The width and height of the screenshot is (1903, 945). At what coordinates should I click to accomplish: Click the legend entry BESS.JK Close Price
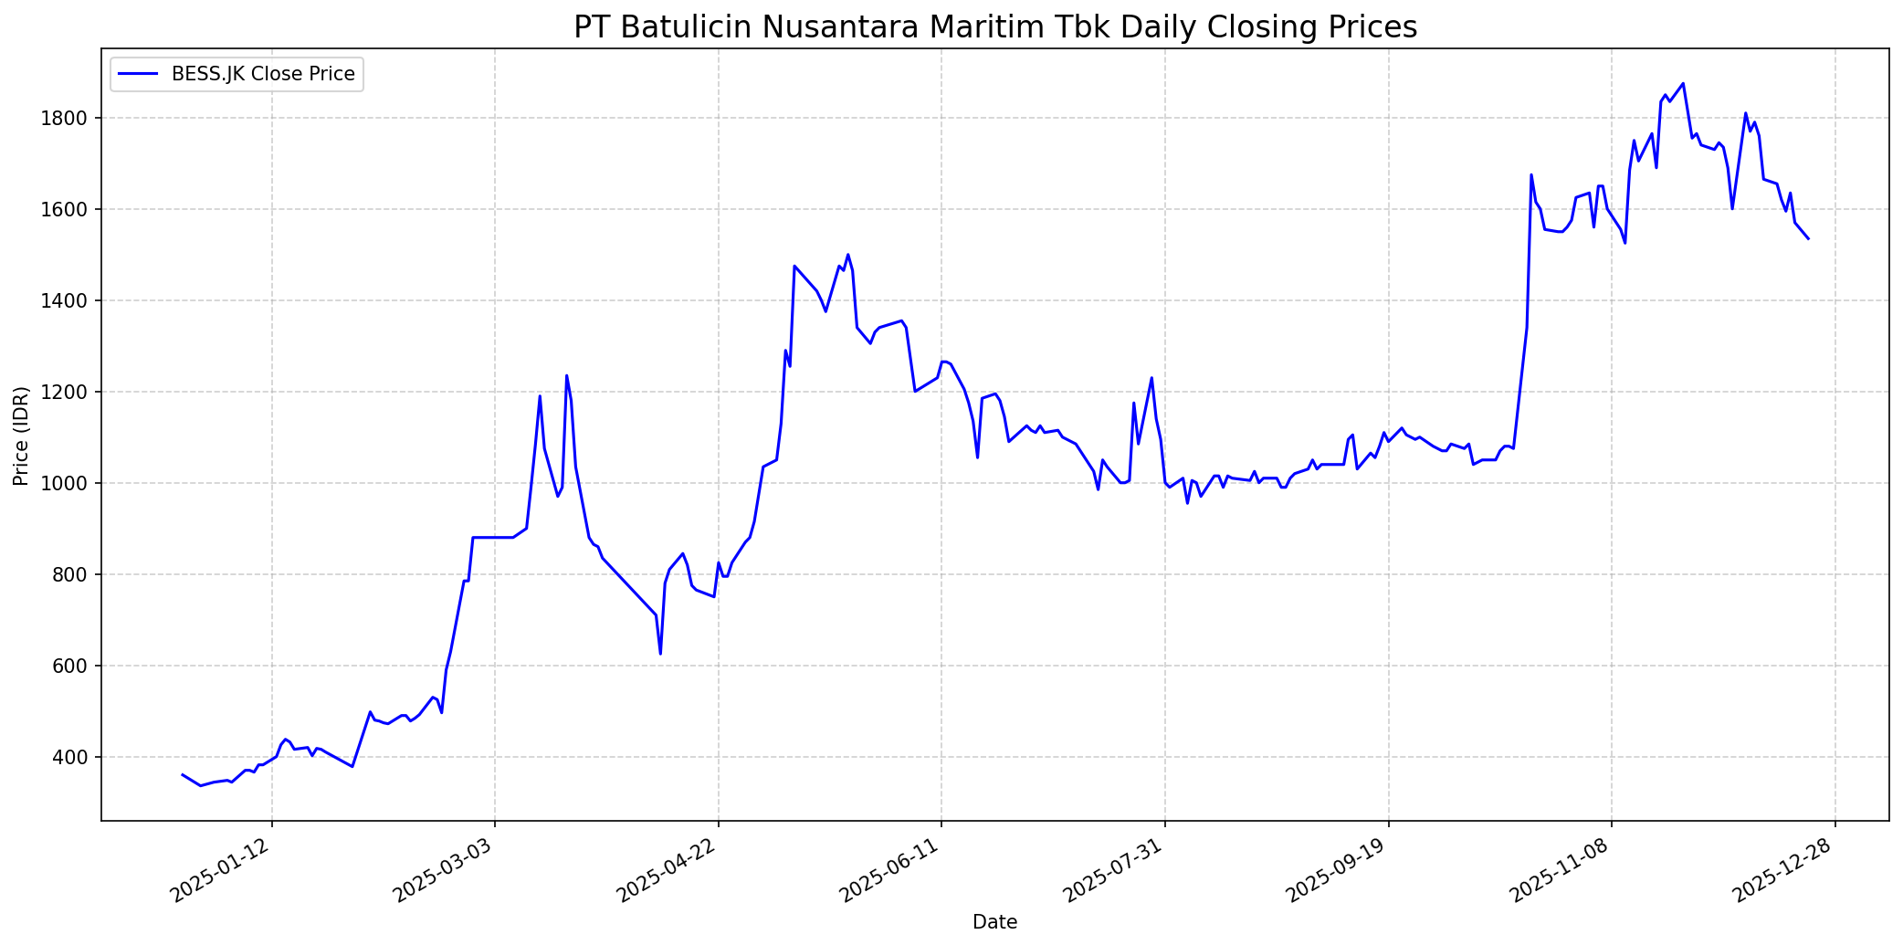pos(263,74)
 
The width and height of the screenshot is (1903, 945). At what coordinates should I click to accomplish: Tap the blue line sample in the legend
pos(138,74)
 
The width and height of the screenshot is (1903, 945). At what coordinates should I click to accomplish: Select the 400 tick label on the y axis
pos(74,757)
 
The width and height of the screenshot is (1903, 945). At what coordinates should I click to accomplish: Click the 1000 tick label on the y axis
pos(70,483)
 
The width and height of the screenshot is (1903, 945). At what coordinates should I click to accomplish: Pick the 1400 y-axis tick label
pos(70,300)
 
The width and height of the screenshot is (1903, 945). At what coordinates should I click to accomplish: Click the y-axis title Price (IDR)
pos(21,436)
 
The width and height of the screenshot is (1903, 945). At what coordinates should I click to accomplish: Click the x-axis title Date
pos(994,922)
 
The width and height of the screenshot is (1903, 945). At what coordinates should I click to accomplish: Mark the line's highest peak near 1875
pos(1683,84)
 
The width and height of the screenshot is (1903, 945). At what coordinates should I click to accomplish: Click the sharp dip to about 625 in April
pos(660,653)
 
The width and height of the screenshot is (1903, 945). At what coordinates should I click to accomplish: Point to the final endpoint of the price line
pos(1808,238)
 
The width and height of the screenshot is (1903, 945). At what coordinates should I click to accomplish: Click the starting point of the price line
pos(183,774)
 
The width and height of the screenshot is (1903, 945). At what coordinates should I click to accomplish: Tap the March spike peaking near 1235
pos(566,375)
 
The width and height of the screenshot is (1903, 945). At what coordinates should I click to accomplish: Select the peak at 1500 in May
pos(847,255)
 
